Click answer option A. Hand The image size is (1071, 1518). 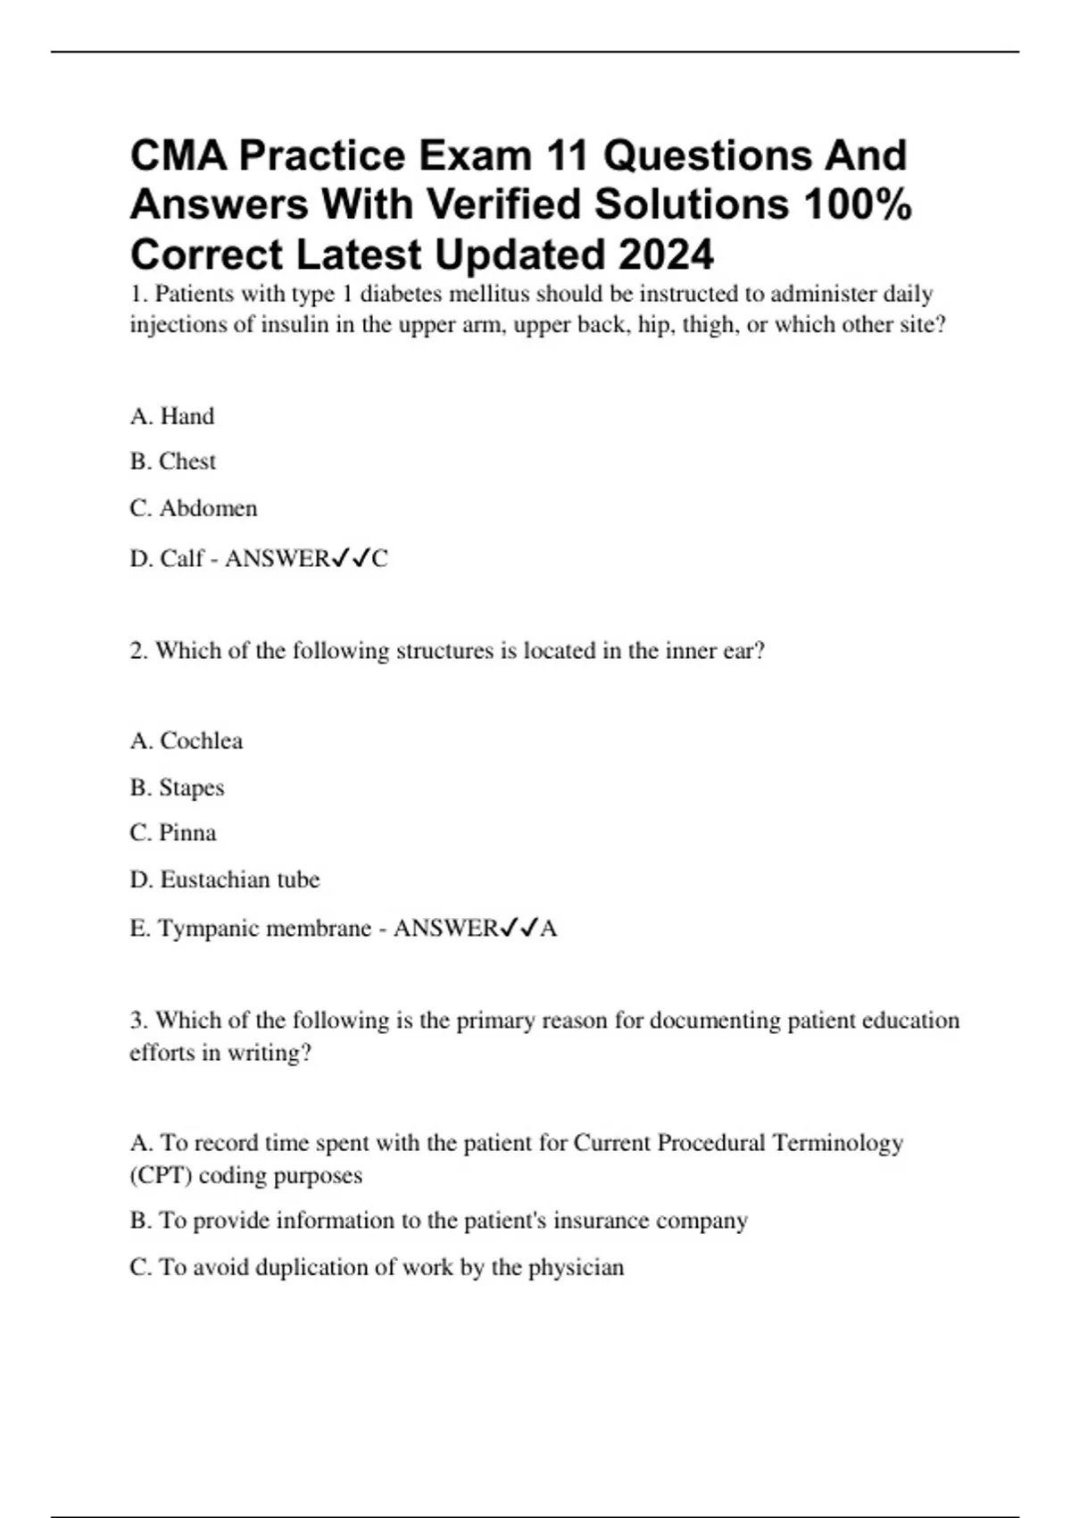pos(172,416)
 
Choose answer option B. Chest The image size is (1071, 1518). pos(173,462)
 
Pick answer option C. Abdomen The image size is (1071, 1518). pos(194,508)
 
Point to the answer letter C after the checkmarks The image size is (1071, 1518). pos(380,559)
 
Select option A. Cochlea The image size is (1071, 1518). pos(187,741)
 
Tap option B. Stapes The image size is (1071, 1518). pos(178,788)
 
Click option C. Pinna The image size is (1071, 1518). pos(173,833)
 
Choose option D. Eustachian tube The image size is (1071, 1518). pos(225,880)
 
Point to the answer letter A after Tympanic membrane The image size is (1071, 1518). pos(549,929)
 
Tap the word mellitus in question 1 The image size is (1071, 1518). pos(491,294)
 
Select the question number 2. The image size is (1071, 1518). pos(137,651)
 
